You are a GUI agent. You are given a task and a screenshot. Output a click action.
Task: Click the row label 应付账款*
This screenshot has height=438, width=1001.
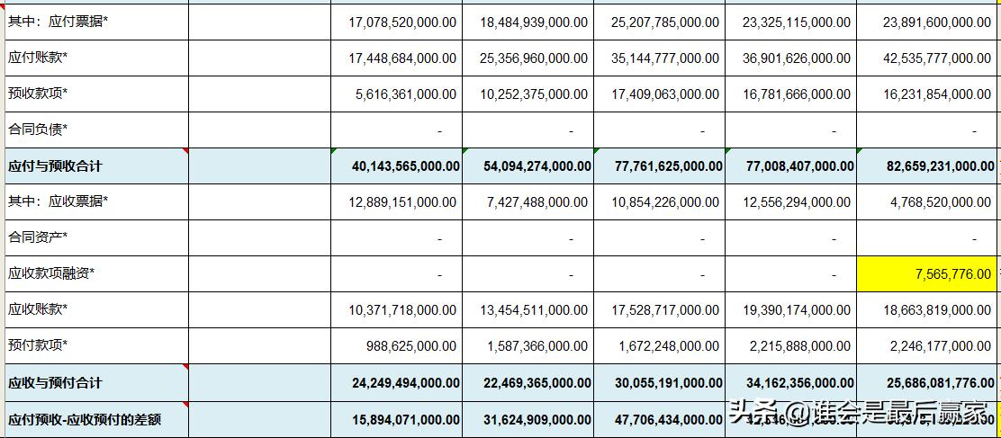38,58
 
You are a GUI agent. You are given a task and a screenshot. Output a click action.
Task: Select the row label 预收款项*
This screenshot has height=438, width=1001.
38,94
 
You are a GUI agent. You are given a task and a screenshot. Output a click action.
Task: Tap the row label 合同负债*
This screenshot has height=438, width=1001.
38,130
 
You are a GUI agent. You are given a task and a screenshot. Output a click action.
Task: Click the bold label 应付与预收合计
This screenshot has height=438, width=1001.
55,166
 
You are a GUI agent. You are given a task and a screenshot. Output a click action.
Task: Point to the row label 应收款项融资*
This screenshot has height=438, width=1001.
51,274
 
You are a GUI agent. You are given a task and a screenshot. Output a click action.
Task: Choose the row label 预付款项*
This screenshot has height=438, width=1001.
38,346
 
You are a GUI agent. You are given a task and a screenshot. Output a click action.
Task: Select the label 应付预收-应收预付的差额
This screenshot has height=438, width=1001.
85,419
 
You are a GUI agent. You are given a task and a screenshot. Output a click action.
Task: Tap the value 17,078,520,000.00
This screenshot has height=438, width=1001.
401,22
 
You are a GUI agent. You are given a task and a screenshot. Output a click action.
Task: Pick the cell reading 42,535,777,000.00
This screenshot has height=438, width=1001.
926,58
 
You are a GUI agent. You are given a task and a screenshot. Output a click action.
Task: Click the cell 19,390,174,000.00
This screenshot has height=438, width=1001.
796,310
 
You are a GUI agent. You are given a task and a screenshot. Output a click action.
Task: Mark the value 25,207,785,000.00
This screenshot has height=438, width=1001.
664,22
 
